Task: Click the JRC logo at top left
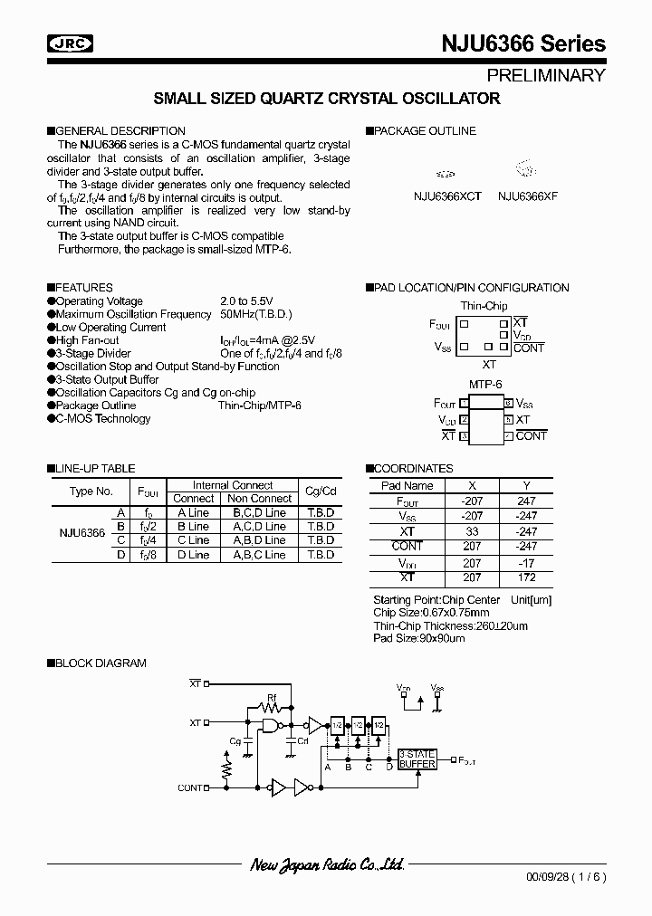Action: coord(69,43)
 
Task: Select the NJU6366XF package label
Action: coord(527,196)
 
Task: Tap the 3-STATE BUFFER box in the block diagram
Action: coord(417,759)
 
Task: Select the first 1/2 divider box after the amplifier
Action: coord(337,725)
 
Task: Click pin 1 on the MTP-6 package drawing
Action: coord(464,404)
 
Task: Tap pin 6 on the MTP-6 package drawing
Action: coord(509,404)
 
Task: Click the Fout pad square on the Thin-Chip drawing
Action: coord(465,323)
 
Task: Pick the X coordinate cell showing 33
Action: coord(472,531)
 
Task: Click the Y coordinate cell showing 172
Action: coord(527,577)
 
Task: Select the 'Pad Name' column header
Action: coord(407,486)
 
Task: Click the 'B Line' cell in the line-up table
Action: coord(193,526)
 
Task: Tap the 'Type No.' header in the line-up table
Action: coord(91,491)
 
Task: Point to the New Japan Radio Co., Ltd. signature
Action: coord(326,865)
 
